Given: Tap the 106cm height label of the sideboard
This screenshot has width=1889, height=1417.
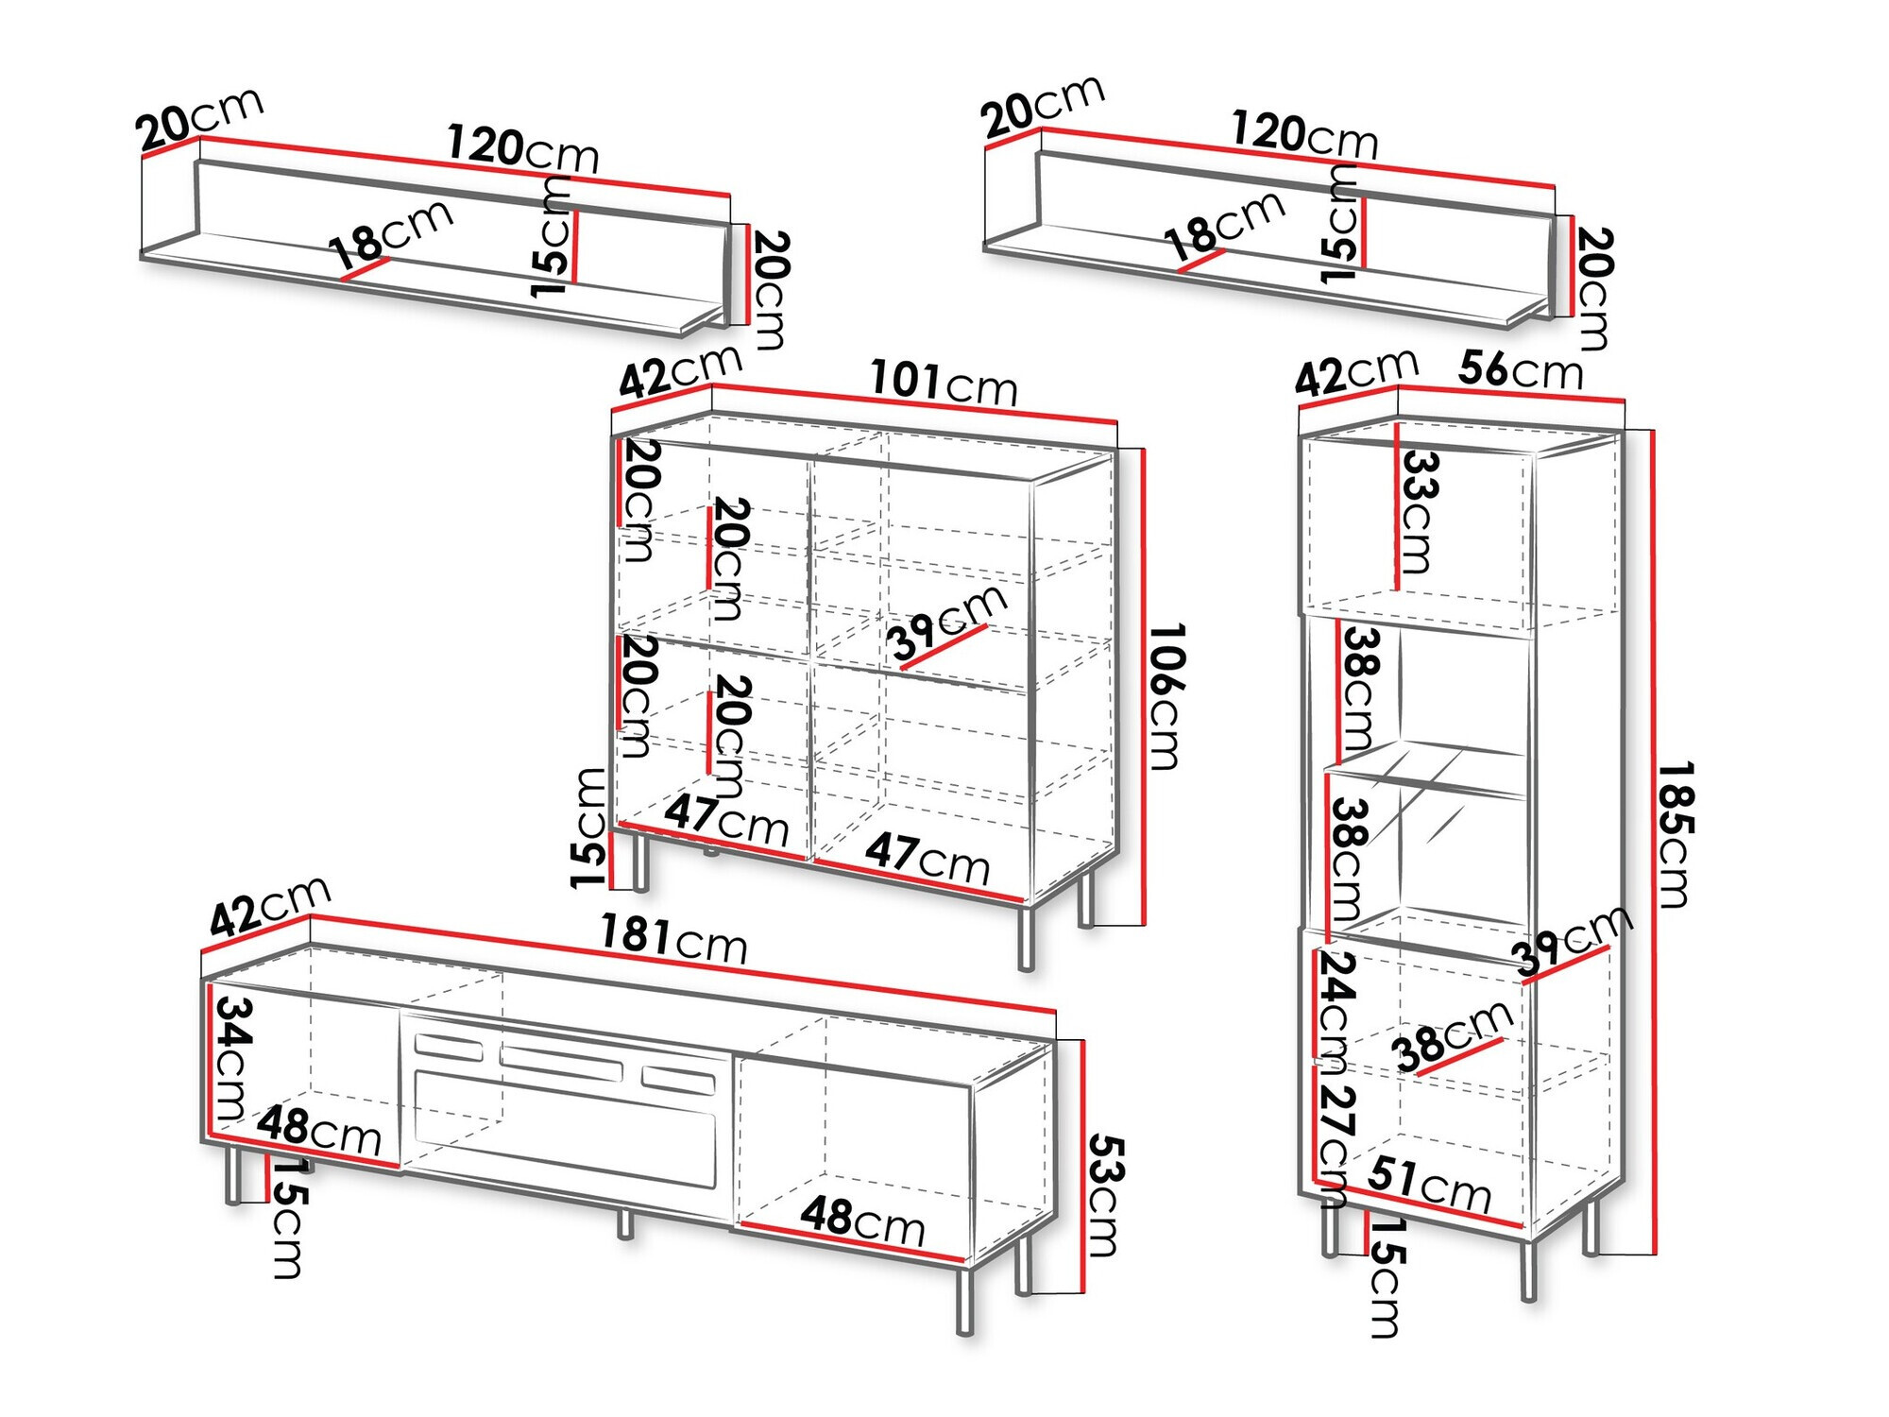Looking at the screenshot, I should [1166, 696].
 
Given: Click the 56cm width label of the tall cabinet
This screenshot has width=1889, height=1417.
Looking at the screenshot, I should [1520, 370].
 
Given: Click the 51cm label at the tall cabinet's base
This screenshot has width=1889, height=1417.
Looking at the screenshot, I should [1429, 1185].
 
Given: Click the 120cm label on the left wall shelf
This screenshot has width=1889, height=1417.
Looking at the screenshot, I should [522, 149].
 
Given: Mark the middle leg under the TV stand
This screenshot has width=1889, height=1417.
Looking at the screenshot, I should [624, 1222].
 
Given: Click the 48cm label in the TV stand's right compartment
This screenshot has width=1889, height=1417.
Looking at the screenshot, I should [862, 1221].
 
